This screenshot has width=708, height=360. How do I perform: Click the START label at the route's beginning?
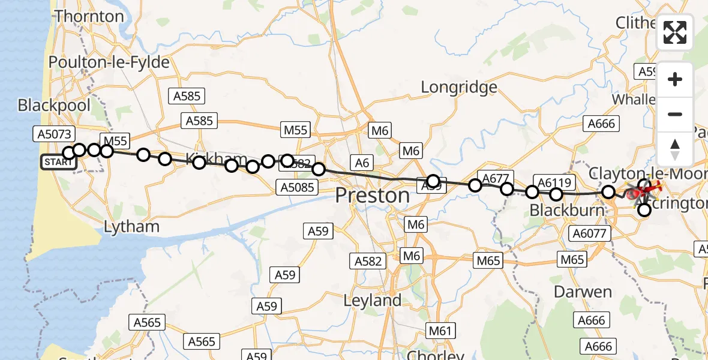tap(58, 163)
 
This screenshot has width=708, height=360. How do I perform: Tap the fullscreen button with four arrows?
tap(675, 32)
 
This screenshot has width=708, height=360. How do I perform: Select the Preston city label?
tap(372, 196)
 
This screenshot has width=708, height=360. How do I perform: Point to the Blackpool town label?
tap(54, 106)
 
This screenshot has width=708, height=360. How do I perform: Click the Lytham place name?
tap(131, 226)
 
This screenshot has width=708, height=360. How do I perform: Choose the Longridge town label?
tap(459, 87)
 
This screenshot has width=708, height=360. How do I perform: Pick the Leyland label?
tap(373, 300)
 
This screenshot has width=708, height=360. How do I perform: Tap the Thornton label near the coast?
tap(89, 16)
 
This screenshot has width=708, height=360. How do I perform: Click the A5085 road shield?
tap(297, 187)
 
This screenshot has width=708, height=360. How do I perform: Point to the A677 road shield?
tap(495, 178)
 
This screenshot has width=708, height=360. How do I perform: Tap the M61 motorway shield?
tap(441, 330)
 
